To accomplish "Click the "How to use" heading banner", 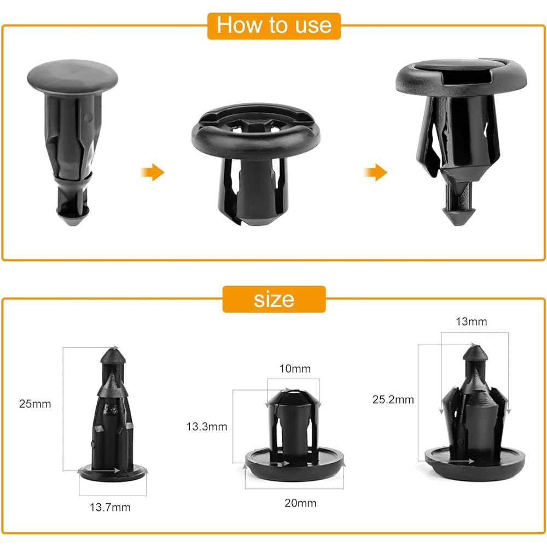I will click(273, 25).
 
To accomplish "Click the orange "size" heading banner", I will click(273, 299).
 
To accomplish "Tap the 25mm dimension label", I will click(34, 404).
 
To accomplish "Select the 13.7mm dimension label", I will click(110, 507).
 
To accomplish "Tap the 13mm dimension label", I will click(471, 322).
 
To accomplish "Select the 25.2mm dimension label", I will click(397, 400).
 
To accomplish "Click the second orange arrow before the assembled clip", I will click(375, 173).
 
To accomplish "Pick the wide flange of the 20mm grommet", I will click(295, 468).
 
